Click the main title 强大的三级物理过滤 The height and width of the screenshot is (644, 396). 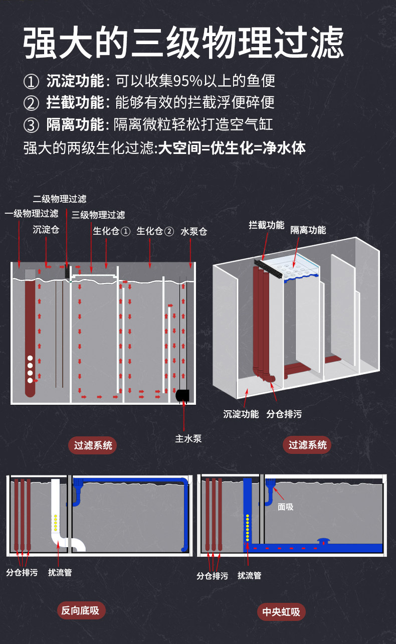point(183,43)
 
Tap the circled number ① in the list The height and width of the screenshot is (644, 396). point(31,81)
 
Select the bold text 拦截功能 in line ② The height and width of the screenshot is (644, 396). point(75,103)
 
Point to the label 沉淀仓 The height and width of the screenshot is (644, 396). point(46,230)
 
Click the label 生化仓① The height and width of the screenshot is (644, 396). point(111,231)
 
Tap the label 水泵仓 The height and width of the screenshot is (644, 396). point(193,231)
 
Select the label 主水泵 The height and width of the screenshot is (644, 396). point(188,438)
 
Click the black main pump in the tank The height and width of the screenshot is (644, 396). point(182,395)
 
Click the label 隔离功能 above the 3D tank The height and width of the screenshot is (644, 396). point(308,230)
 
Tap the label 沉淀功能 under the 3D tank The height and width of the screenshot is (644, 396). point(241,414)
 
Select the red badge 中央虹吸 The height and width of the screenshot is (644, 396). point(281,612)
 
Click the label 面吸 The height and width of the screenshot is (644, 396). point(286,507)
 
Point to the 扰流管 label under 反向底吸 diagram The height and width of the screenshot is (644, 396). point(60,572)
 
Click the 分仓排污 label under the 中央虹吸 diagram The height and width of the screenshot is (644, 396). point(212,576)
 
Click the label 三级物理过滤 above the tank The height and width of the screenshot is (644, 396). point(98,215)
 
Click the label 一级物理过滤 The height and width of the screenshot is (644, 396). point(32,214)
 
